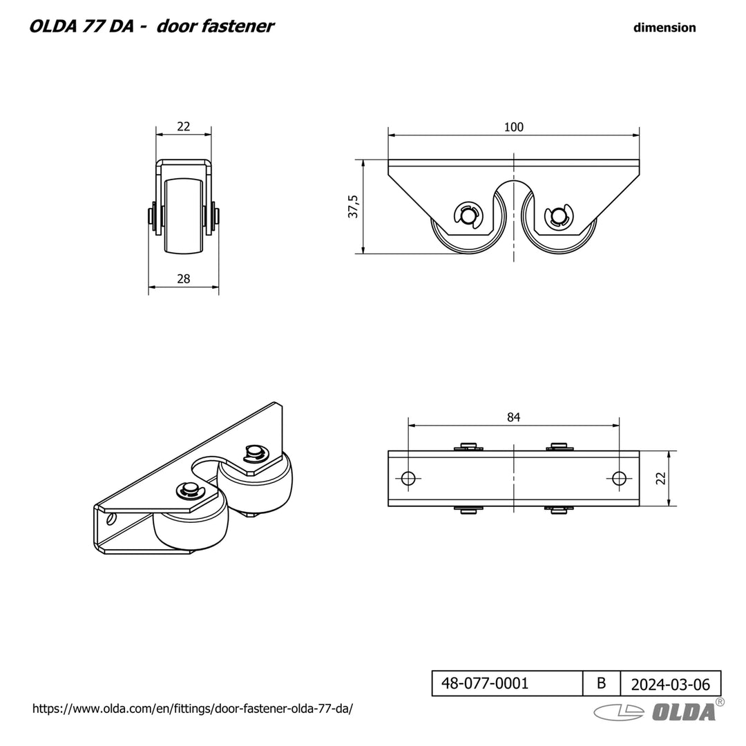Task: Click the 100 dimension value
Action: pyautogui.click(x=513, y=127)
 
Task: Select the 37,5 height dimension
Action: pyautogui.click(x=354, y=207)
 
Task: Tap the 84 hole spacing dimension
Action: pyautogui.click(x=513, y=417)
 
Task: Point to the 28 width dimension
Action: pyautogui.click(x=183, y=278)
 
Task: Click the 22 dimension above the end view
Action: pyautogui.click(x=183, y=127)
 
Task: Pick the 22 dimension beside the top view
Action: pyautogui.click(x=660, y=478)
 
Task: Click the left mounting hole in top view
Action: pyautogui.click(x=408, y=478)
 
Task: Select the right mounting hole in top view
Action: pyautogui.click(x=620, y=478)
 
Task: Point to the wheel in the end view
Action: pyautogui.click(x=183, y=216)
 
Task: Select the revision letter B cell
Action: pyautogui.click(x=601, y=684)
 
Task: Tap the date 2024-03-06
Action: pyautogui.click(x=670, y=685)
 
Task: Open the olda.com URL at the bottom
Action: pyautogui.click(x=193, y=709)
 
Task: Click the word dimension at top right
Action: pyautogui.click(x=664, y=28)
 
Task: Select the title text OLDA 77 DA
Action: pyautogui.click(x=86, y=26)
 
